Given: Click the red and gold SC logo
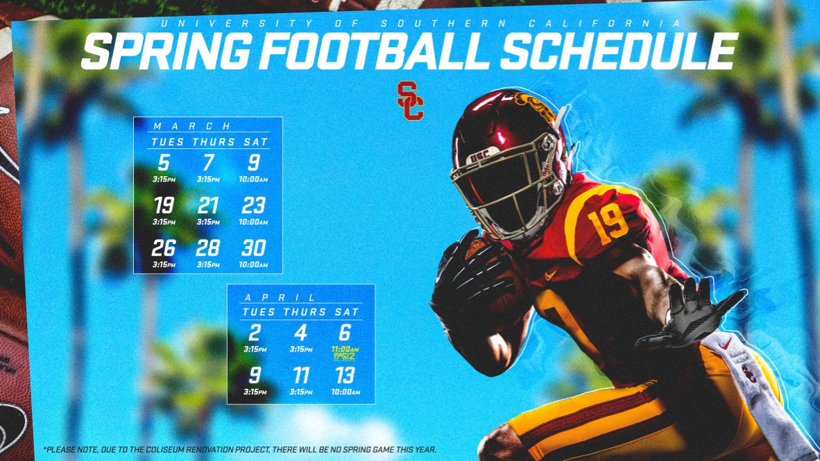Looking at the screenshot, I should point(410,101).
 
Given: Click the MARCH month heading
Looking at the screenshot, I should point(191,126).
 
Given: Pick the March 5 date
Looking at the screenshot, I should point(163,163).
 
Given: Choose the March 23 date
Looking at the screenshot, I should point(254,206).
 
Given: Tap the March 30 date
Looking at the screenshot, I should point(254,247).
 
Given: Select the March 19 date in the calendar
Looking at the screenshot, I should point(163,206).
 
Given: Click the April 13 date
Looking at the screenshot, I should point(345,376).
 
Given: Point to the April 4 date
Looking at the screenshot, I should point(300,332).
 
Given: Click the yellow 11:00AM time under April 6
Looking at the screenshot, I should point(345,349).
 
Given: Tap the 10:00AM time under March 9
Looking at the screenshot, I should point(254,179).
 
